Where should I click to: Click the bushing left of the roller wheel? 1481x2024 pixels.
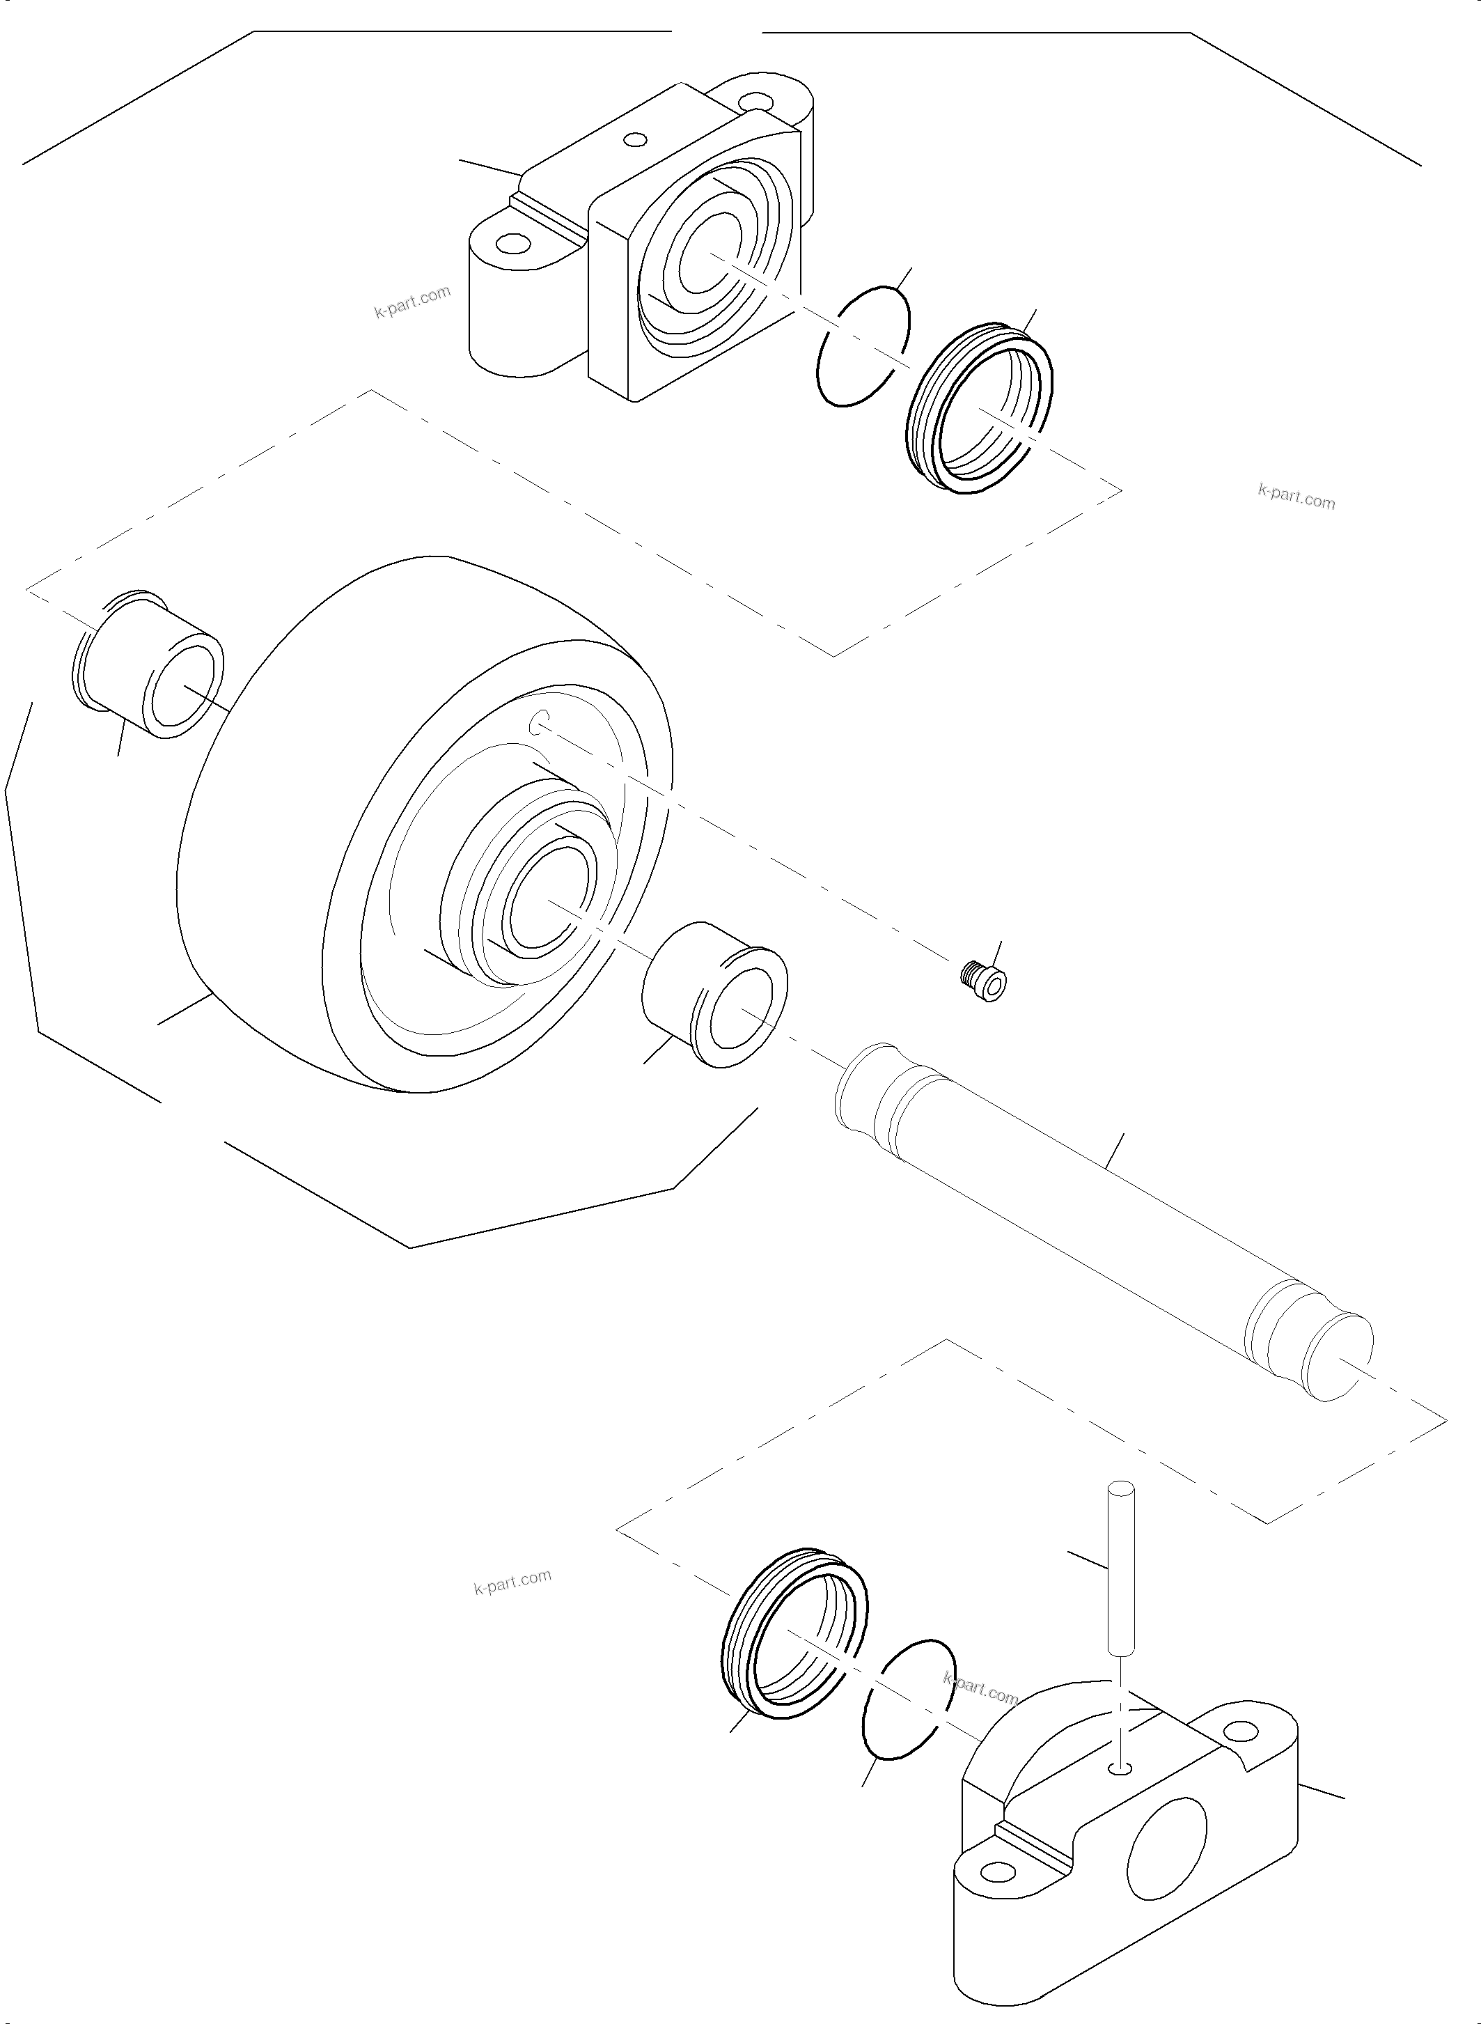coord(148,664)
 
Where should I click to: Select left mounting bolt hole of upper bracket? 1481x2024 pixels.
coord(512,242)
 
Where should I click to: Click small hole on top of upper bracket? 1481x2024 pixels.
coord(636,140)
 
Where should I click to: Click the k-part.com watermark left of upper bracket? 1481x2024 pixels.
coord(412,302)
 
